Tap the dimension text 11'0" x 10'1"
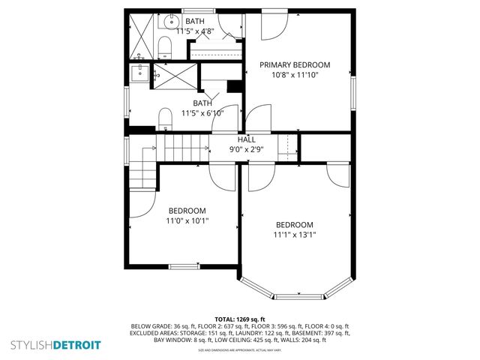click(x=187, y=220)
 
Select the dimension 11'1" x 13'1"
click(x=295, y=235)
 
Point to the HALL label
click(x=246, y=139)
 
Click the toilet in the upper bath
click(x=165, y=49)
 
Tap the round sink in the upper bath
click(x=163, y=24)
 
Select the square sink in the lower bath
click(x=139, y=72)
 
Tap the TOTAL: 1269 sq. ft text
click(x=240, y=319)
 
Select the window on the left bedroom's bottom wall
click(x=183, y=265)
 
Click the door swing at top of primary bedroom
click(x=272, y=28)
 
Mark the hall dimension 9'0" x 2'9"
click(x=246, y=148)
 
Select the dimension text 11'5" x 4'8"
click(x=195, y=31)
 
